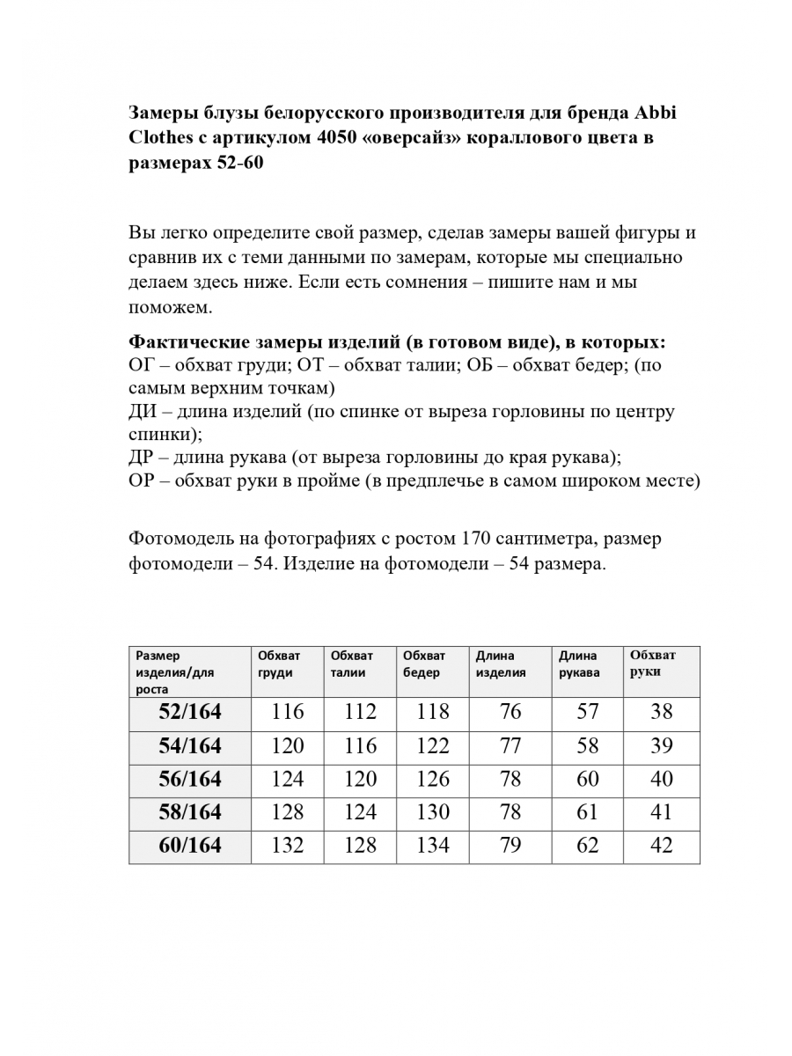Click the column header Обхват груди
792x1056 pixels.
[279, 664]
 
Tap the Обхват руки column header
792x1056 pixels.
[653, 664]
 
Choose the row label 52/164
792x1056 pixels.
[190, 712]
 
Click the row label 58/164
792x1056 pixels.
[190, 811]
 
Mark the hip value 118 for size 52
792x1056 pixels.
[432, 712]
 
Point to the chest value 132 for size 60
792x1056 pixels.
[288, 846]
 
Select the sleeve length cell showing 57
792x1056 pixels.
[587, 712]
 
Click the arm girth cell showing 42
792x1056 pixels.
[661, 846]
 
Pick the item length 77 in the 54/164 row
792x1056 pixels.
[510, 746]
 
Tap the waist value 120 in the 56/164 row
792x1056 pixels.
[360, 779]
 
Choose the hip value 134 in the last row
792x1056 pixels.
[432, 846]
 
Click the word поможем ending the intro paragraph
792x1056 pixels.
[171, 309]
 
